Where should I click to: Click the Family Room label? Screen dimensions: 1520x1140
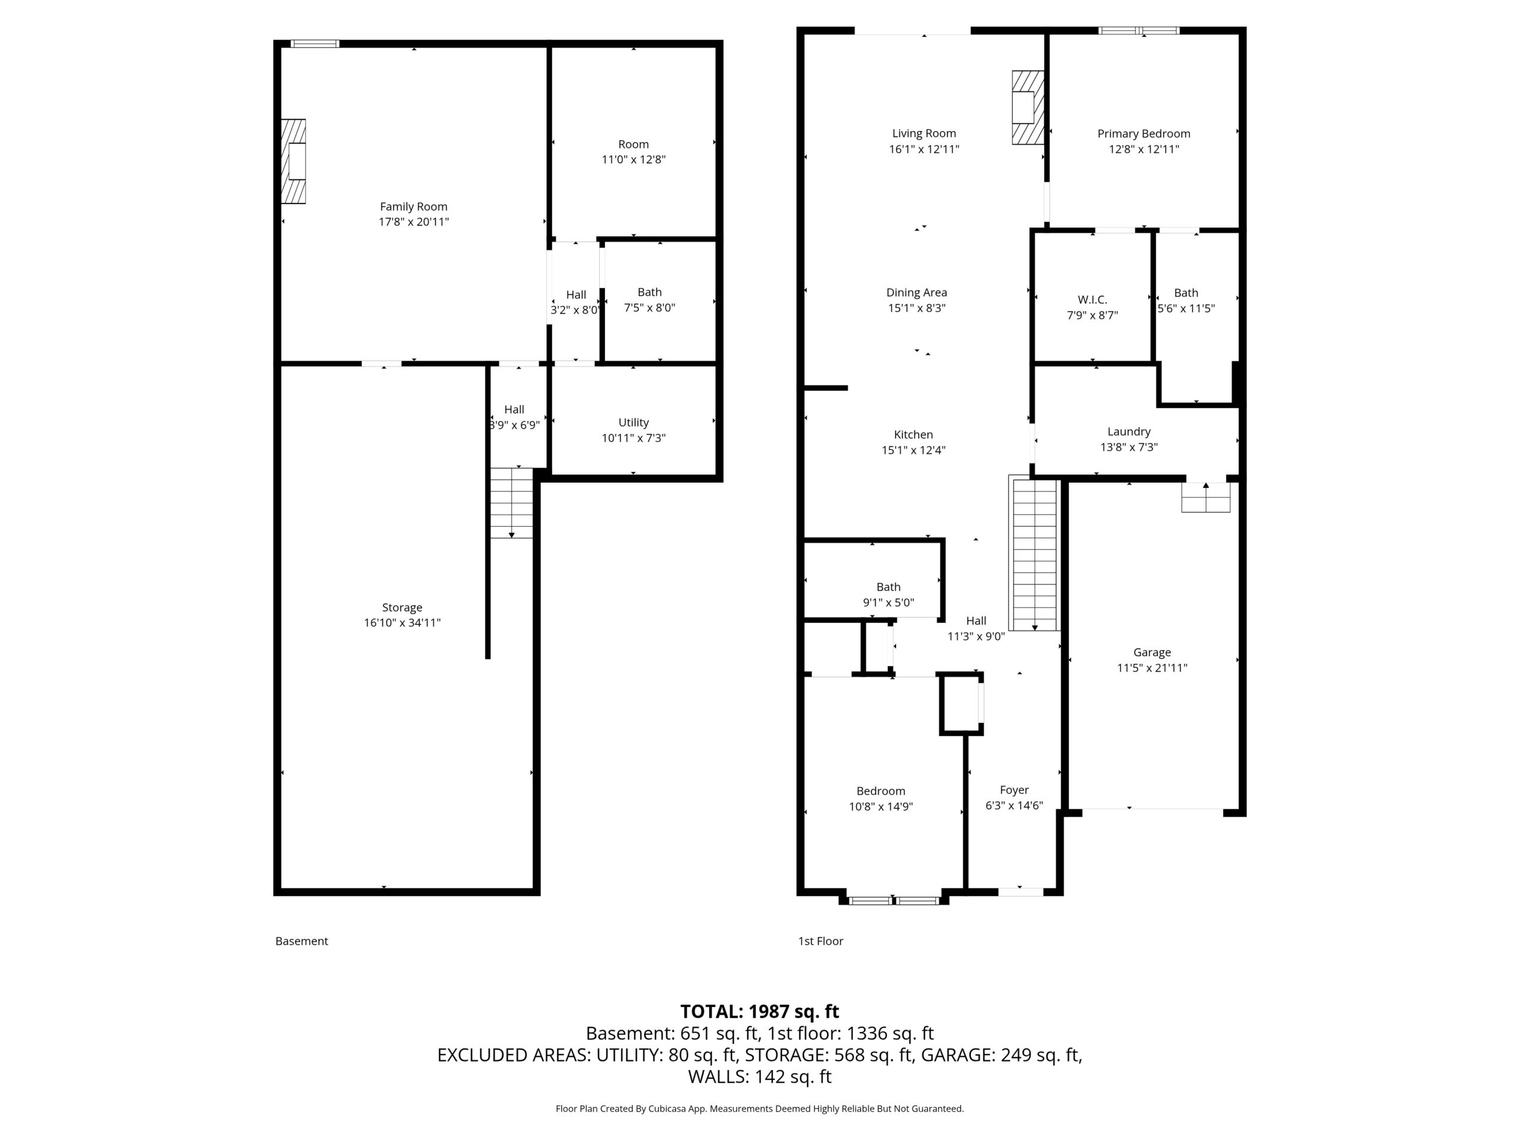point(413,206)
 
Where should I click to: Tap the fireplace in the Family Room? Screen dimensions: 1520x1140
point(293,161)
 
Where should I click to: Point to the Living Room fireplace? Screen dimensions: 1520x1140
point(1027,107)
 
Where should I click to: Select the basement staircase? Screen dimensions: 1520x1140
point(511,503)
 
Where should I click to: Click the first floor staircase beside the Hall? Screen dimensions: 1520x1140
point(1034,554)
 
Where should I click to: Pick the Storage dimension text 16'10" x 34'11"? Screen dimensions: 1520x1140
point(402,623)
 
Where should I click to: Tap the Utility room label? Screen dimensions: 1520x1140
point(633,422)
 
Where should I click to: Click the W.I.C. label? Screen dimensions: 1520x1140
point(1092,300)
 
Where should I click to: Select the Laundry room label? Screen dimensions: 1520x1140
point(1128,432)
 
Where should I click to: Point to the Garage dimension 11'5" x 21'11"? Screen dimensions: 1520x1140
point(1152,667)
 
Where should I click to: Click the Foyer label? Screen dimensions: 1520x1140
point(1014,790)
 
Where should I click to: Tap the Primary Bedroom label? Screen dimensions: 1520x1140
point(1144,134)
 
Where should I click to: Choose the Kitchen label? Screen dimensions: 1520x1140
point(913,434)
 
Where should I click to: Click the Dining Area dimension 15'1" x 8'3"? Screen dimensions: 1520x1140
point(917,308)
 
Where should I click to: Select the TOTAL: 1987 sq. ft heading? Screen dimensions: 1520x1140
point(759,1012)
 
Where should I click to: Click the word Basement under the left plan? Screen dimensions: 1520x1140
point(302,940)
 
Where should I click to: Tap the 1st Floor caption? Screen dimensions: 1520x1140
point(821,940)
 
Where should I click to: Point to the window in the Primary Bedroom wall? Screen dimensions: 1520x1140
point(1139,30)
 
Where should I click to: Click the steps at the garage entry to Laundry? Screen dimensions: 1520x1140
point(1205,497)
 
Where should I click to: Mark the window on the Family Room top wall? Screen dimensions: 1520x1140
point(315,43)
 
